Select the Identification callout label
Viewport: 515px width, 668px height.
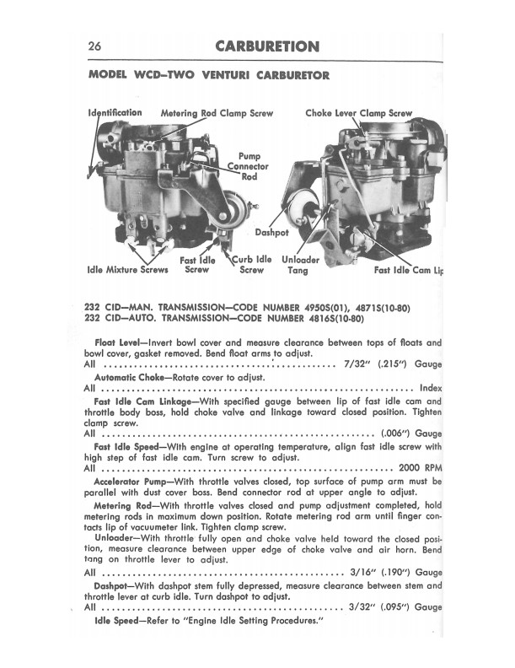[115, 112]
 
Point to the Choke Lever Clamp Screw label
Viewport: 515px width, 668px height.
[359, 113]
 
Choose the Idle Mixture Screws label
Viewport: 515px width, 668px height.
[127, 271]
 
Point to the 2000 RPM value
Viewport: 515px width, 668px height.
[419, 466]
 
